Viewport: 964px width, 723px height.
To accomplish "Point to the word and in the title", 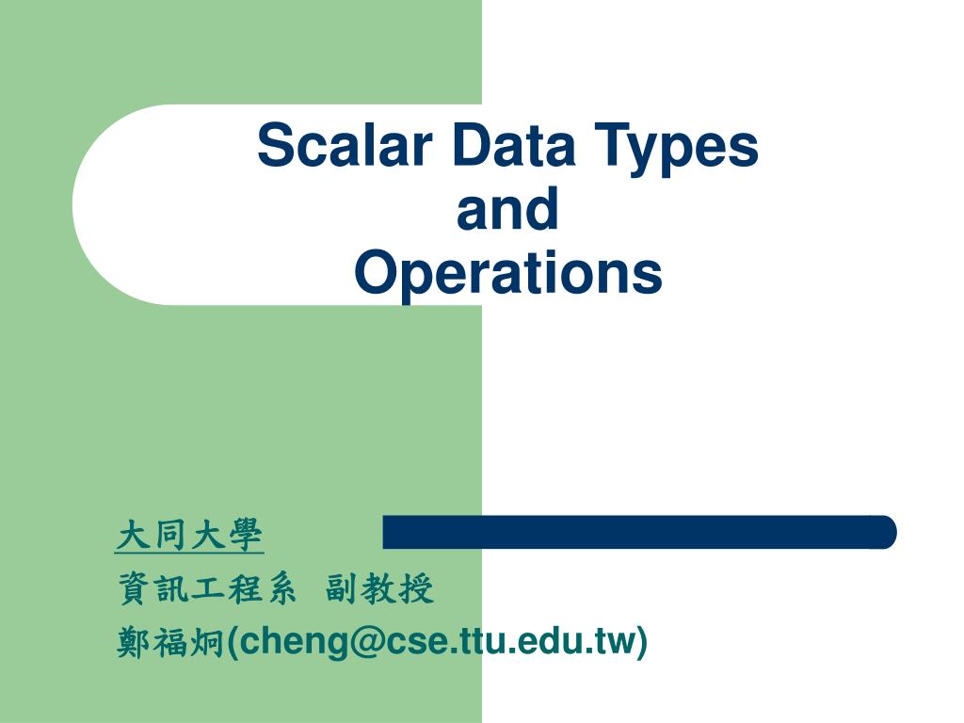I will coord(507,210).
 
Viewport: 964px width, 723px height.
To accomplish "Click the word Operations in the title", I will coord(508,273).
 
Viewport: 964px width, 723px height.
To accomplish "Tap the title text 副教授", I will coord(380,590).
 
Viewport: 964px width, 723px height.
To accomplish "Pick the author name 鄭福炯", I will coord(170,643).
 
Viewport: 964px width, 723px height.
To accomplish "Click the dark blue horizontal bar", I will coord(639,532).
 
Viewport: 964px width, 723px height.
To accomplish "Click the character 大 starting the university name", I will coord(133,536).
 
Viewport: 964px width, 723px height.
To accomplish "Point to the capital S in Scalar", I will coord(274,147).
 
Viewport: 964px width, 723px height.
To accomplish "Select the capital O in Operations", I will coord(373,273).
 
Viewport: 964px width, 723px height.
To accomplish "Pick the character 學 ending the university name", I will coord(247,536).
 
